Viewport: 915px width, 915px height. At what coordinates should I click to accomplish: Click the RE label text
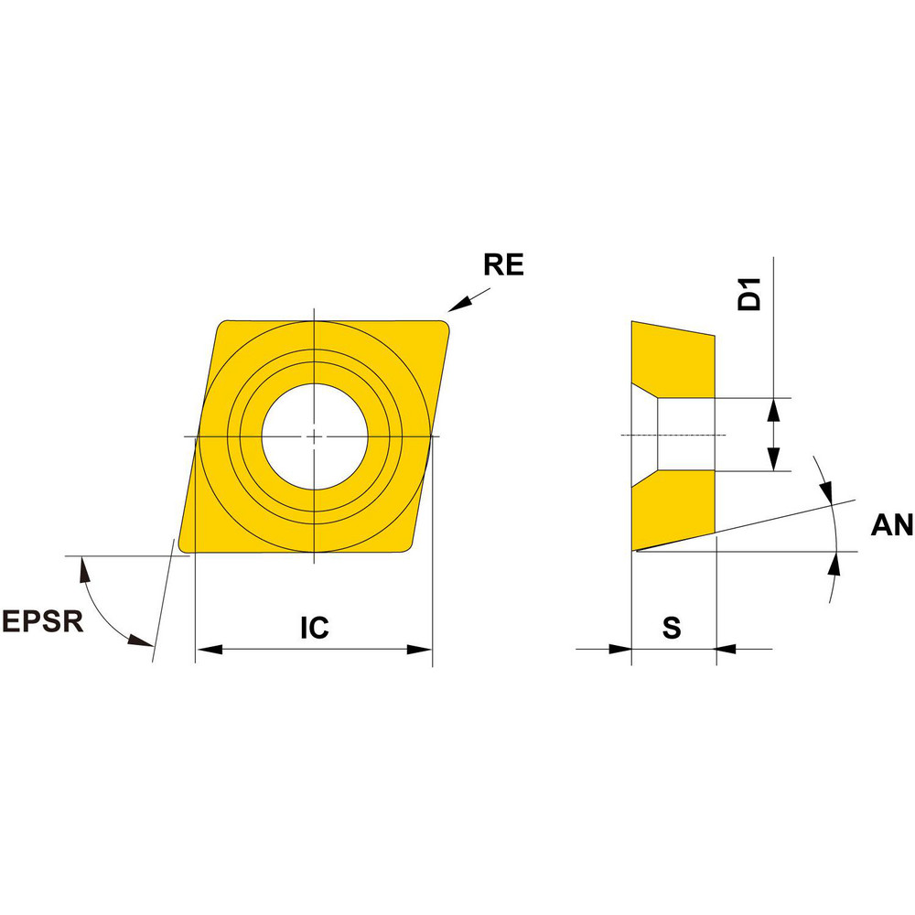[503, 265]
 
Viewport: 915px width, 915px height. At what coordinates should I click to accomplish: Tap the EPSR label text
[42, 622]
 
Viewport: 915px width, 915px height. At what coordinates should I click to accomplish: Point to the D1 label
[750, 297]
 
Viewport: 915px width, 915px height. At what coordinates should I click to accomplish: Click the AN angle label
[891, 524]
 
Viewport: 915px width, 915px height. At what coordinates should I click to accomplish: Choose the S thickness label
[672, 628]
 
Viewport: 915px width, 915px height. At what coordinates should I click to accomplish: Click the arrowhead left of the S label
[620, 650]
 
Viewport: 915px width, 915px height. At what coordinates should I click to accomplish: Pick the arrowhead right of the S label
[726, 650]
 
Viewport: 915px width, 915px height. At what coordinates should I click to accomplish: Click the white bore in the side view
[686, 435]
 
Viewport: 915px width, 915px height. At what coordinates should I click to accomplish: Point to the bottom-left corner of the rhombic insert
[186, 547]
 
